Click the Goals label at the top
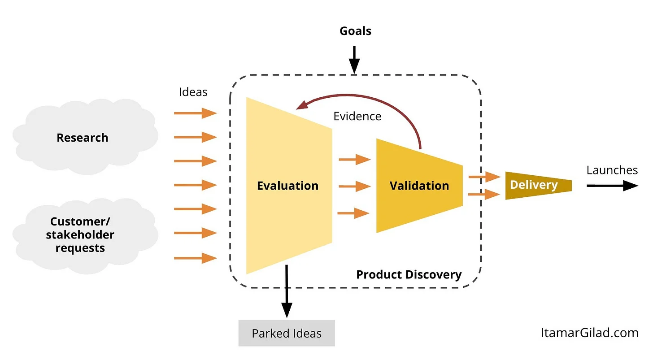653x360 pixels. (355, 31)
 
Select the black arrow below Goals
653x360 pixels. (354, 60)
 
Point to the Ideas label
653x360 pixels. (193, 92)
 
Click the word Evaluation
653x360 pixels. (288, 186)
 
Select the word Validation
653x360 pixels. (419, 186)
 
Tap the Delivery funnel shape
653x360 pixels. (539, 186)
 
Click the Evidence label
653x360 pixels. (357, 116)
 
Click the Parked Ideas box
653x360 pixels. (287, 333)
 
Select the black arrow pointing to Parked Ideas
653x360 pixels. (287, 291)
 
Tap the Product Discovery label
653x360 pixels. (409, 274)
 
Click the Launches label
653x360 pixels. (612, 170)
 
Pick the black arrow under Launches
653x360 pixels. (613, 186)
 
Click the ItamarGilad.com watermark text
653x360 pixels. (589, 333)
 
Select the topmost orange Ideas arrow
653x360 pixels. (196, 113)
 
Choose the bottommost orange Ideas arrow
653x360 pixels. (196, 258)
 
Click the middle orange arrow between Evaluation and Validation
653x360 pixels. (355, 186)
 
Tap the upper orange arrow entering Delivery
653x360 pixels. (484, 177)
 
